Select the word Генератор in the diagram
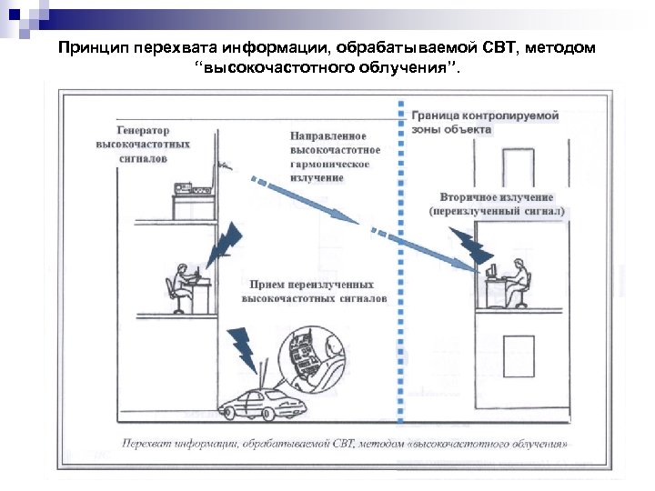(x=143, y=130)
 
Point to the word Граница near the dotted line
(x=438, y=116)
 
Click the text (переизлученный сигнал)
(x=497, y=211)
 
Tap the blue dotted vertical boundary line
(x=400, y=273)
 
